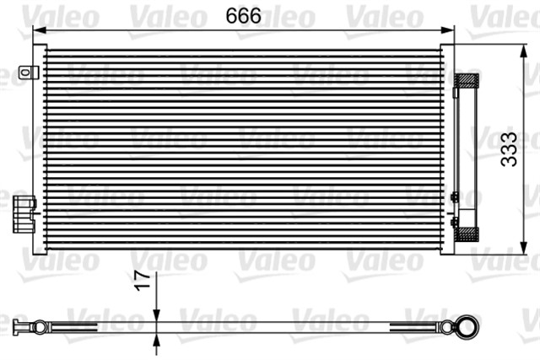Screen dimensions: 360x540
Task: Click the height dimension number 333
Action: click(x=508, y=150)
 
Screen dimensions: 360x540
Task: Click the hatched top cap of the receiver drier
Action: click(x=466, y=81)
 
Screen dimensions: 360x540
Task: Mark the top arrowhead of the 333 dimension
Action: click(x=517, y=49)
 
